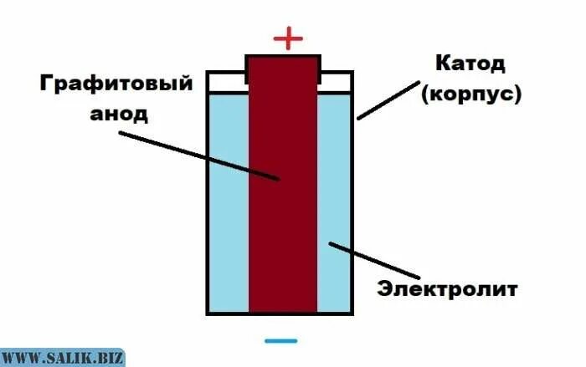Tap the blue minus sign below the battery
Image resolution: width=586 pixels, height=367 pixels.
[x=280, y=340]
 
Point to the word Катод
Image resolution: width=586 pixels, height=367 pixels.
[x=470, y=64]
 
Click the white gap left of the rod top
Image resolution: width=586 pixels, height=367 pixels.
[x=226, y=82]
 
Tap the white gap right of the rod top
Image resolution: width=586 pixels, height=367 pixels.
[x=337, y=82]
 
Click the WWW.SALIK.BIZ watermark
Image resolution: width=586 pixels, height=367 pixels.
[x=62, y=358]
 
